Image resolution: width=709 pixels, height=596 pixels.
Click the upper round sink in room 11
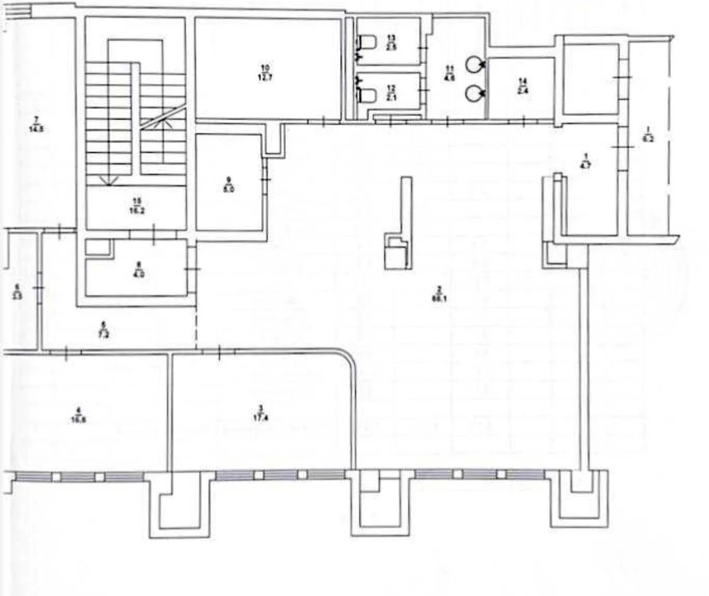click(x=474, y=64)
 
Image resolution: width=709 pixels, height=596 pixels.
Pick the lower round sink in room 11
click(x=474, y=93)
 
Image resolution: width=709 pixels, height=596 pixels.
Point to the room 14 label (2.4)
click(x=522, y=86)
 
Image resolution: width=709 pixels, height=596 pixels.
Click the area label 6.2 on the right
click(x=649, y=134)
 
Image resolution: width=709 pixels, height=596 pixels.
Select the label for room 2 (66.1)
click(x=438, y=294)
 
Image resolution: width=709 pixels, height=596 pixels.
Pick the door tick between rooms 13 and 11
click(x=422, y=46)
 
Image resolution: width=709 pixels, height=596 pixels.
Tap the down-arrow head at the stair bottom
click(x=108, y=182)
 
